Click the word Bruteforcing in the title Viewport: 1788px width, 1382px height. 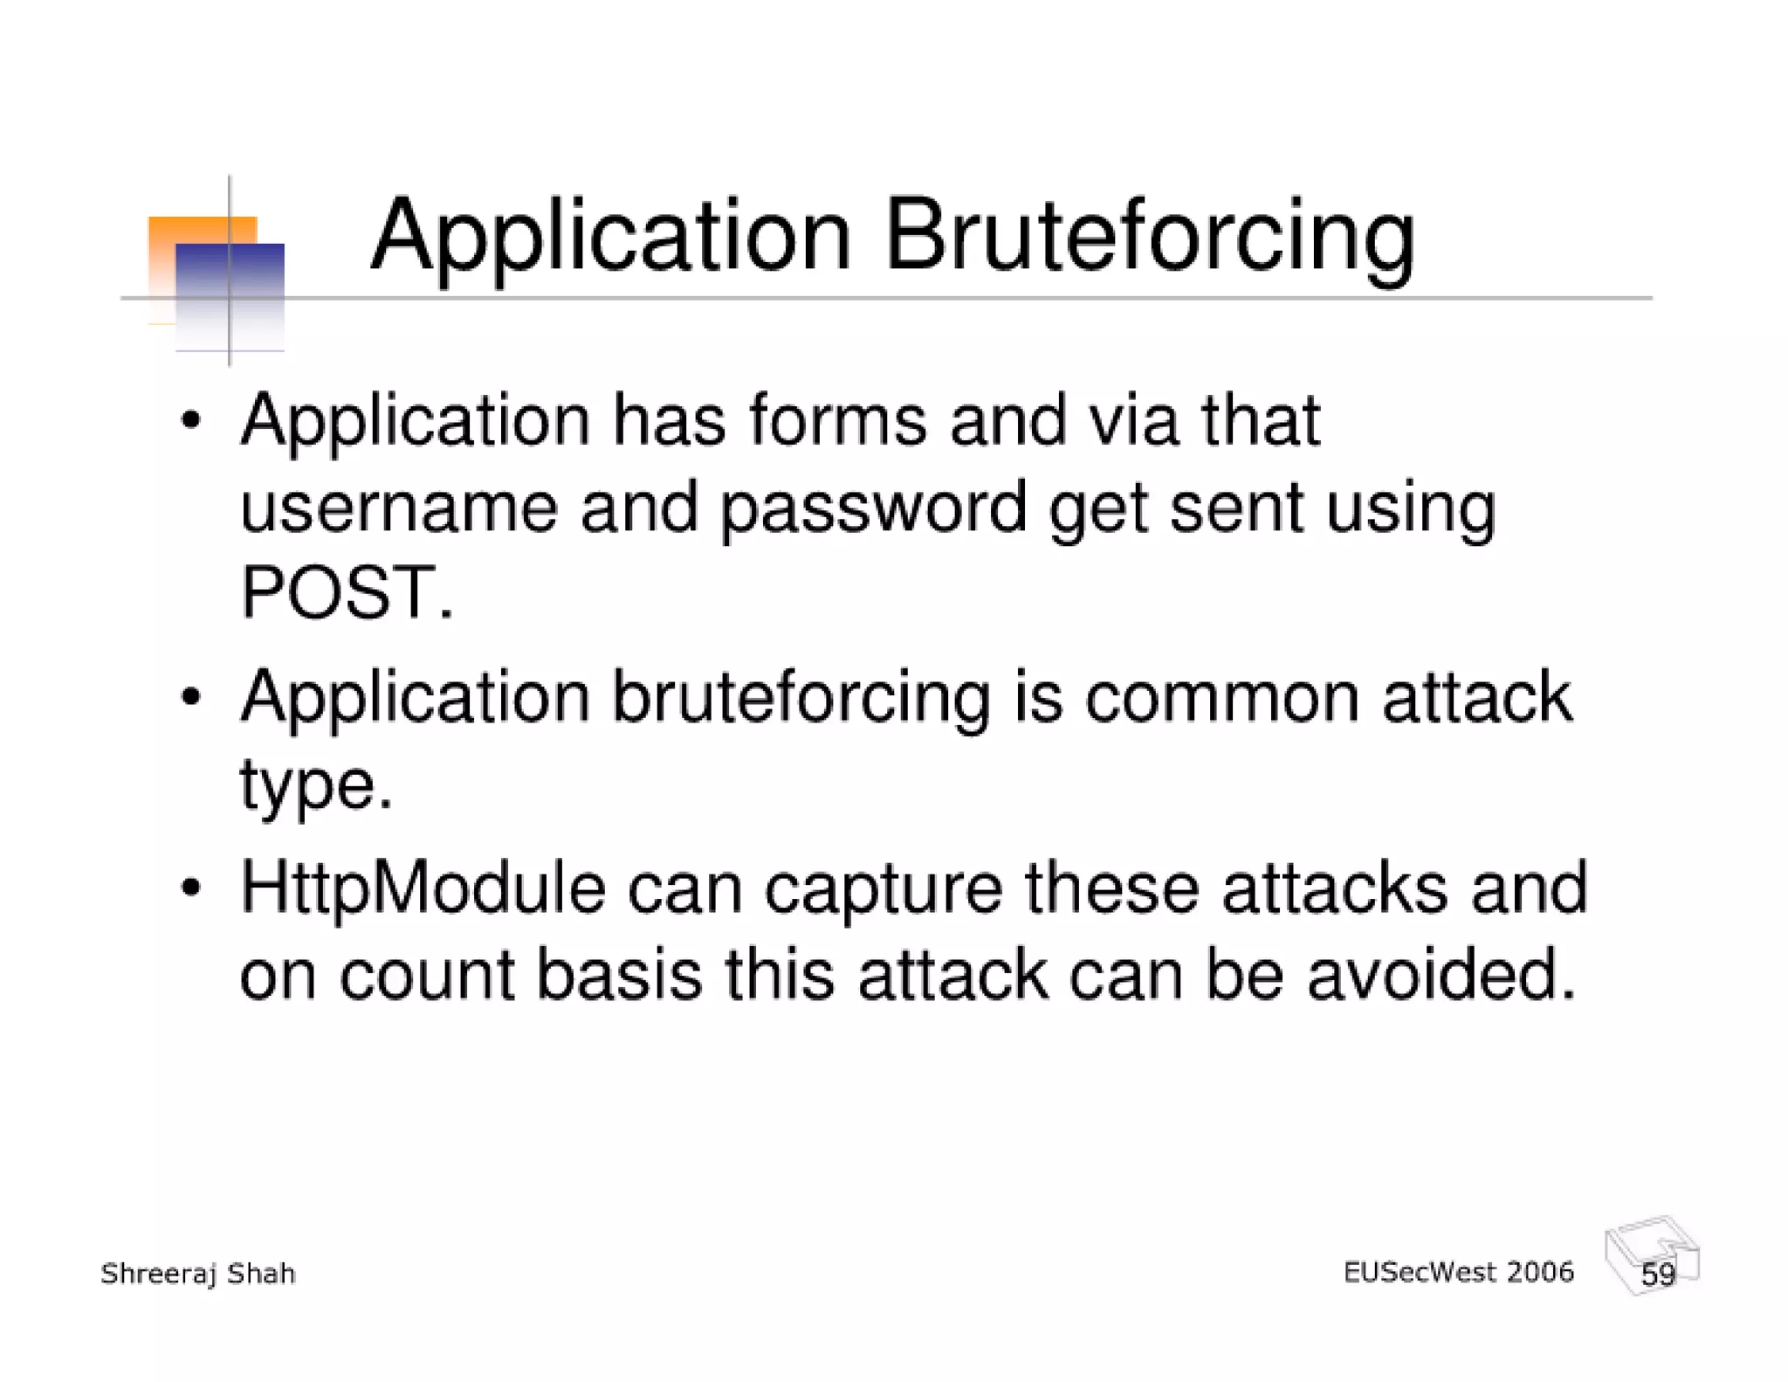(x=1149, y=236)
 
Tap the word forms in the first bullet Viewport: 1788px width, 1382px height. (x=837, y=421)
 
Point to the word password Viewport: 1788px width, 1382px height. (x=873, y=508)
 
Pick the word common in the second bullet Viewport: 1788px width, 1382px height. (x=1221, y=698)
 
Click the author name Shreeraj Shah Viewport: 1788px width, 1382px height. (x=198, y=1275)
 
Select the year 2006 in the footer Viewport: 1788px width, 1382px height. (x=1539, y=1272)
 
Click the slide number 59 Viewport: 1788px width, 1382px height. (x=1657, y=1275)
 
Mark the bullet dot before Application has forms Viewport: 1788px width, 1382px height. (x=191, y=422)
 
